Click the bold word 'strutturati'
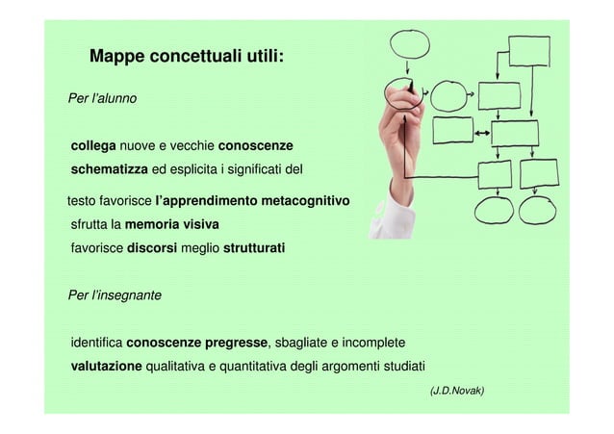(x=254, y=249)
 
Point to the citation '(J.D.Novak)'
(x=457, y=391)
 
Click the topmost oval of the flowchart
(x=409, y=44)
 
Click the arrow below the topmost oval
(x=408, y=68)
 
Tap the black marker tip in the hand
(x=413, y=87)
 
